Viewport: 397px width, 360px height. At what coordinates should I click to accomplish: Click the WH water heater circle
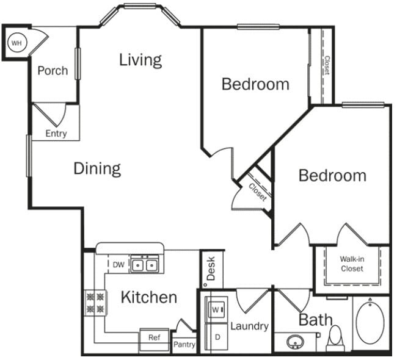click(x=16, y=43)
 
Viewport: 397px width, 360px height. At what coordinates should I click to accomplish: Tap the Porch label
click(x=53, y=71)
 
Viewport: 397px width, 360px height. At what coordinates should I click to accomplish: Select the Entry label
click(x=56, y=134)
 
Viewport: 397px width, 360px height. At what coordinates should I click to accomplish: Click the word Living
click(x=140, y=60)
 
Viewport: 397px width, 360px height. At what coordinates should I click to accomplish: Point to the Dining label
click(x=97, y=168)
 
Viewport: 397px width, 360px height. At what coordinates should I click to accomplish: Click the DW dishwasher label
click(x=119, y=265)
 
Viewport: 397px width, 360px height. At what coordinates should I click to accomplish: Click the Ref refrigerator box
click(x=154, y=337)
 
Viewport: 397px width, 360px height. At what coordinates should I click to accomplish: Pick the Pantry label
click(x=184, y=345)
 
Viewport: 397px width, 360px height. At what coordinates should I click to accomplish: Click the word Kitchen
click(x=148, y=298)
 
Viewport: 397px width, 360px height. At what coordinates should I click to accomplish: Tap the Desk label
click(x=211, y=268)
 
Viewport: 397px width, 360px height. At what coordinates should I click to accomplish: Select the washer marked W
click(x=217, y=309)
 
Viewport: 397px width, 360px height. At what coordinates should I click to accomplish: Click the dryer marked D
click(x=217, y=336)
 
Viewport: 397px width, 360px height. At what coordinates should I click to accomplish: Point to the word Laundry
click(x=249, y=326)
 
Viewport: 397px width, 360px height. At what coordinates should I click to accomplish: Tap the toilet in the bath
click(x=335, y=337)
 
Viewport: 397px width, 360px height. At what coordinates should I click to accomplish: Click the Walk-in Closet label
click(x=352, y=264)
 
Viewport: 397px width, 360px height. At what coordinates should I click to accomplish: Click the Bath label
click(x=316, y=319)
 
